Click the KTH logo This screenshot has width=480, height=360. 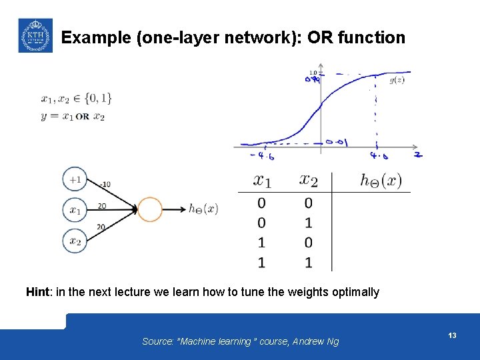point(35,35)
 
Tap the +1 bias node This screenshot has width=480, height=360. point(75,179)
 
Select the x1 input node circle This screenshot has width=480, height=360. point(75,210)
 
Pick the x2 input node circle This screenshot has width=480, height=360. point(75,241)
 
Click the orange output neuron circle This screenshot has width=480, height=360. point(149,209)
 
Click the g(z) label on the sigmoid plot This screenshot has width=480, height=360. point(397,81)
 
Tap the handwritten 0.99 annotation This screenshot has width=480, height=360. point(312,80)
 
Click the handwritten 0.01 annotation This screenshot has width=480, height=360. point(337,142)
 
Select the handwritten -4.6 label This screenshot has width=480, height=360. point(263,157)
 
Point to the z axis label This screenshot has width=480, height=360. point(417,155)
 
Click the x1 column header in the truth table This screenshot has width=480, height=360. point(262,180)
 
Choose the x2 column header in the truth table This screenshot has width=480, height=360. point(309,180)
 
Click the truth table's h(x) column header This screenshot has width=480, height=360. point(381,180)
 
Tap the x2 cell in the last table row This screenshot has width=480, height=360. point(308,262)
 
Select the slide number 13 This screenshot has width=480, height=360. point(452,335)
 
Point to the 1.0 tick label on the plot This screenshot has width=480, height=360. point(313,72)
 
